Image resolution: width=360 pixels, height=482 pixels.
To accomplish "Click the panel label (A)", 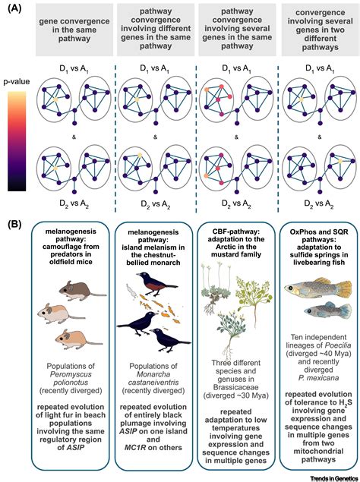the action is [x=14, y=8].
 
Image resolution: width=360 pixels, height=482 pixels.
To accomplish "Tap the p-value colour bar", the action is [x=17, y=141].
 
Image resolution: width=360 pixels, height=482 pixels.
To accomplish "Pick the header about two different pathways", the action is [x=320, y=30].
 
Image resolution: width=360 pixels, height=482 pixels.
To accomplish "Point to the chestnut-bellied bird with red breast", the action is [x=156, y=283].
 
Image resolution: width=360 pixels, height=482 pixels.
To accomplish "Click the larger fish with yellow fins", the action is [x=317, y=288].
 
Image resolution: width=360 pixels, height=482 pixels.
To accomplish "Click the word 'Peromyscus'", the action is [x=71, y=374].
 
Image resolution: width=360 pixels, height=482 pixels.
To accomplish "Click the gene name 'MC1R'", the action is [x=137, y=447].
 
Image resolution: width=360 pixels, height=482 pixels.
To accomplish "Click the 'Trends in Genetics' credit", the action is [x=334, y=479].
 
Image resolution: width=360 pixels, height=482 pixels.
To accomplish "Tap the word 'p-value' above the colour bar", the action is [x=17, y=81].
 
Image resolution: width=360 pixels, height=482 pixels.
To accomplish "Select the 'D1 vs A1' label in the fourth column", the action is [x=320, y=68].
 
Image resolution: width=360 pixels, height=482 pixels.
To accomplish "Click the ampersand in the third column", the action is [x=236, y=137].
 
